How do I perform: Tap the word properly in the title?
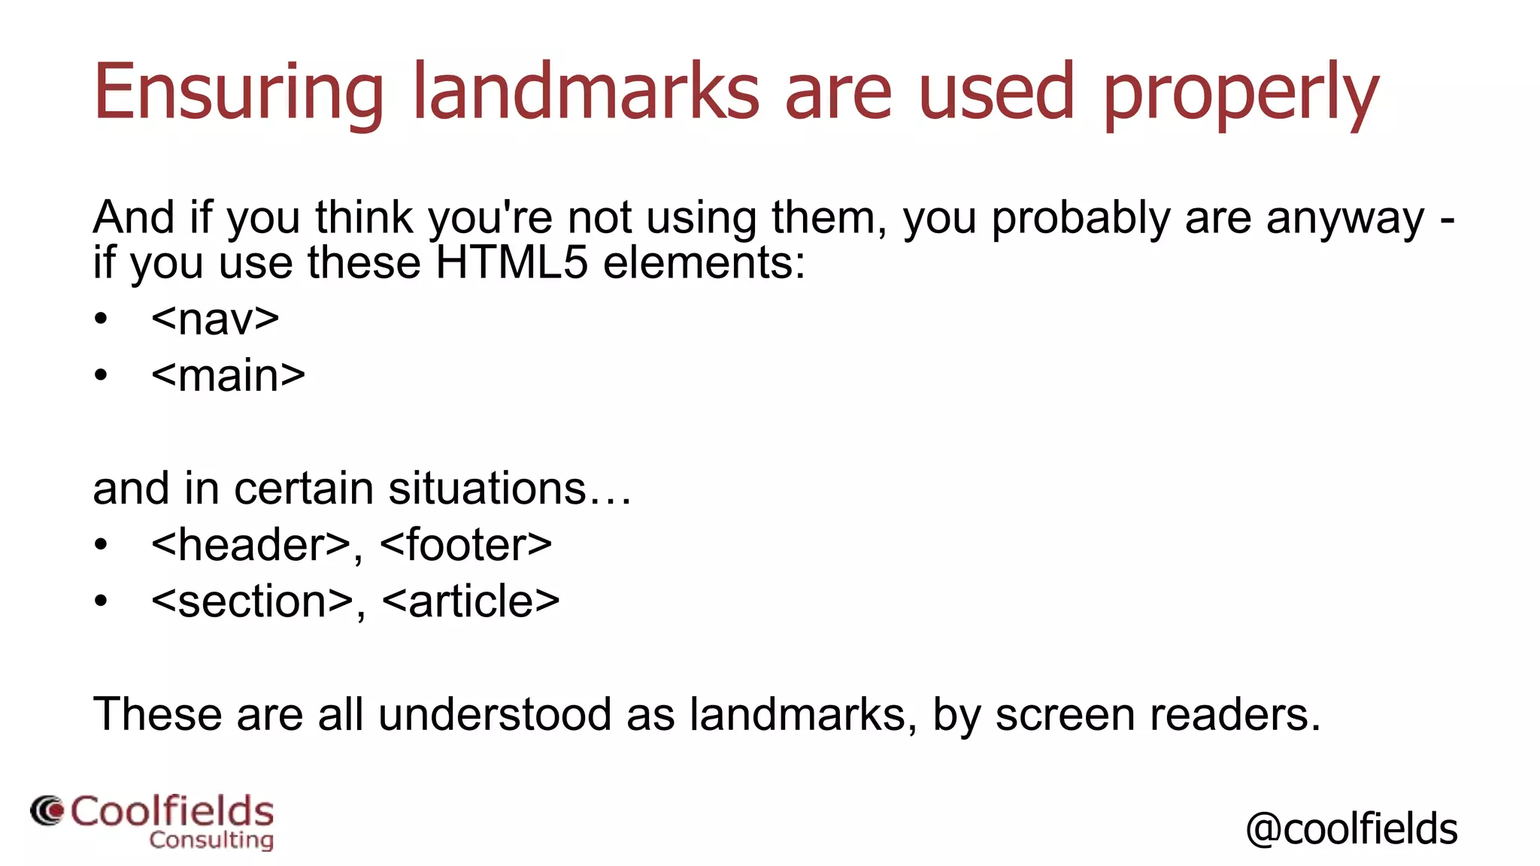pos(1241,94)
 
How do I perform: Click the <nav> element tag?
pos(215,319)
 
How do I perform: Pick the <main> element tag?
pos(228,375)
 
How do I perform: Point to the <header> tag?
pos(251,544)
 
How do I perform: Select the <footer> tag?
pos(466,544)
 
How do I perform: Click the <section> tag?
pos(252,601)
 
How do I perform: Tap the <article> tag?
pos(471,601)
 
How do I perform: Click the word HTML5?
pos(511,263)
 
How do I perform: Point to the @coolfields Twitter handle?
pos(1351,828)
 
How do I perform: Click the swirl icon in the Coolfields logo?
pos(47,811)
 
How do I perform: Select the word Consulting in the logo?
pos(211,840)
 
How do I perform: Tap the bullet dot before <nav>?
pos(102,319)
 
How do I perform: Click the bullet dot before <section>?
pos(102,601)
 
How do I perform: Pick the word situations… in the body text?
pos(510,489)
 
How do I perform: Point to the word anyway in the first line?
pos(1344,219)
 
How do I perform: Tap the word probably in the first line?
pos(1081,219)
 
